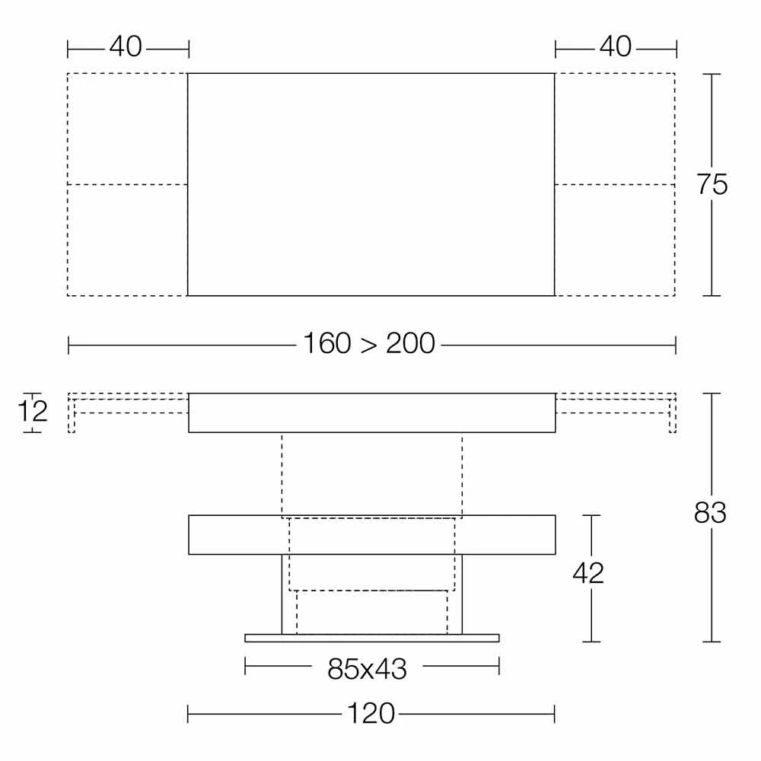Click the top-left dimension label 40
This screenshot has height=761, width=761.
(126, 46)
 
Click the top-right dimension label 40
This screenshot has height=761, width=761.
(616, 46)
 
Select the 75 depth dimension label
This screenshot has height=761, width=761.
(712, 184)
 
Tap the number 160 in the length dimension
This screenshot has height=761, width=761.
(326, 343)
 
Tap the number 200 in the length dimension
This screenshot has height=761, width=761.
(410, 343)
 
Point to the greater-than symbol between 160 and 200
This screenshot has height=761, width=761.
(368, 345)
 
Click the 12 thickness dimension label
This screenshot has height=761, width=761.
(33, 412)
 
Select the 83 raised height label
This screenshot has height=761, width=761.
(710, 512)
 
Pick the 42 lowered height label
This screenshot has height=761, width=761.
(588, 573)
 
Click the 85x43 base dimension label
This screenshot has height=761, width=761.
(367, 669)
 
